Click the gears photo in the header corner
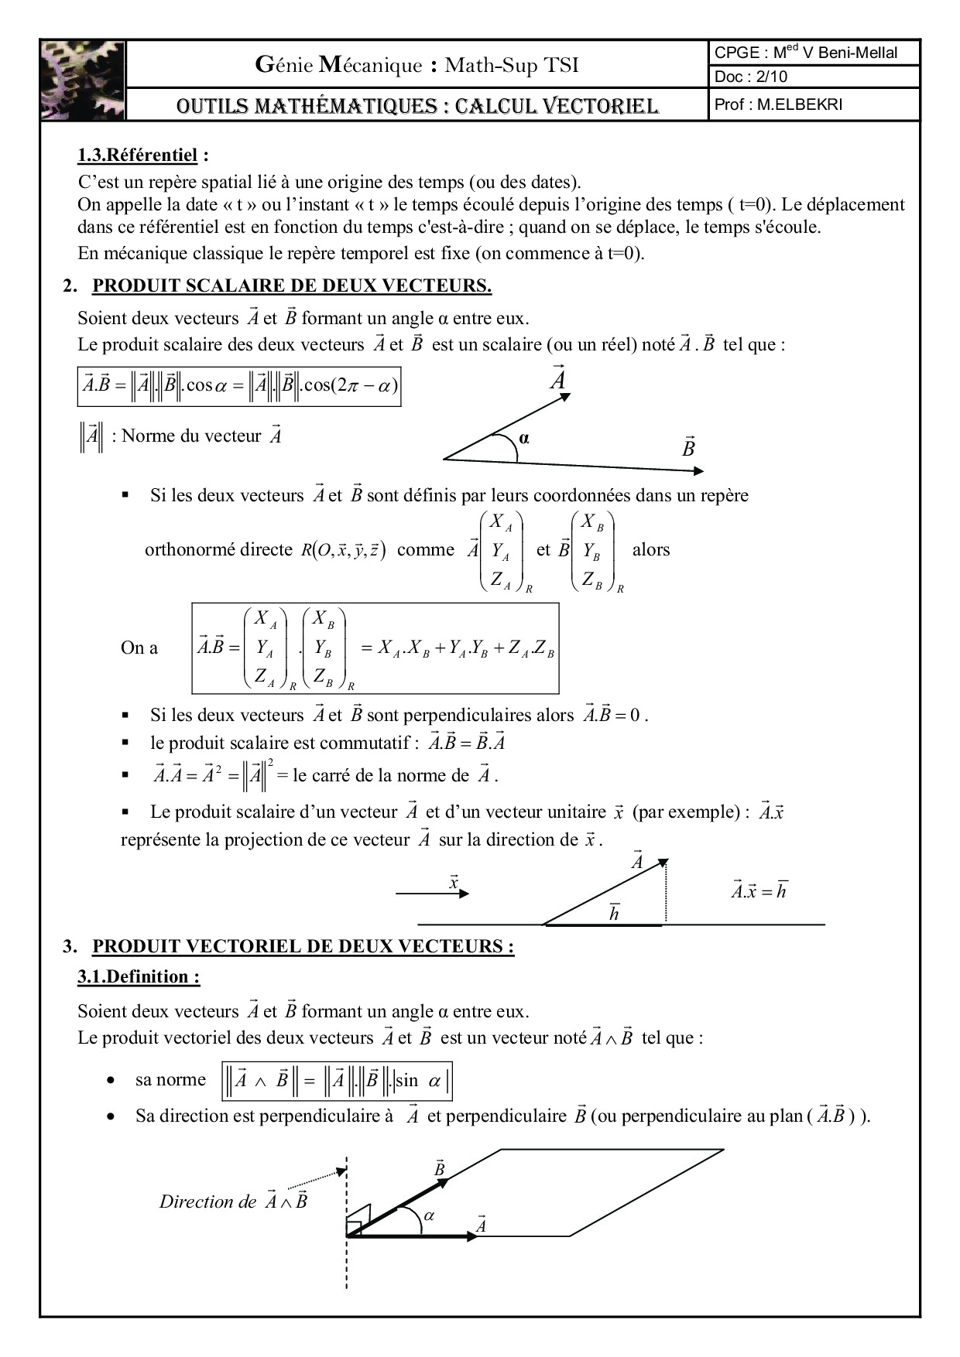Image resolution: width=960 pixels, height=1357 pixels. [x=83, y=80]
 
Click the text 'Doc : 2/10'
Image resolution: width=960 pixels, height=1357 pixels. [x=750, y=77]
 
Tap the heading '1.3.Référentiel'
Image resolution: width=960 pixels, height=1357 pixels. [x=138, y=156]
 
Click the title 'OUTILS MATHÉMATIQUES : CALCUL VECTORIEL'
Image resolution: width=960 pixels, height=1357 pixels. [x=417, y=106]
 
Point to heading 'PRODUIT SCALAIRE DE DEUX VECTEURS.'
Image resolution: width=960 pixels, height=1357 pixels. [x=292, y=285]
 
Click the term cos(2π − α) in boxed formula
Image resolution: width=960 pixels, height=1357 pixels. [x=350, y=385]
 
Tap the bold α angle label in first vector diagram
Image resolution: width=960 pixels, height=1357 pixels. [x=524, y=439]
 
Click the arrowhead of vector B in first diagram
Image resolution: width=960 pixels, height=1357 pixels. [x=698, y=470]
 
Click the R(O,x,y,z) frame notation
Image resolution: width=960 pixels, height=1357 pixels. [x=344, y=550]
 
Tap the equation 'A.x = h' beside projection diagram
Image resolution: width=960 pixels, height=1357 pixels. [x=759, y=890]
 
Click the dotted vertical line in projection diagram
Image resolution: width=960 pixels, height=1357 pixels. [x=666, y=894]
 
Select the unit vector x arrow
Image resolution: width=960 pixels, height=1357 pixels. [x=433, y=894]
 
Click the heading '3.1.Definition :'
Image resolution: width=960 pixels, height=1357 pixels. [x=139, y=977]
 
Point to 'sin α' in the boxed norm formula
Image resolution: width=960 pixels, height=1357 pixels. [x=418, y=1081]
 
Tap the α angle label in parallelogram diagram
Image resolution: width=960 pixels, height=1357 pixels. [x=430, y=1216]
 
